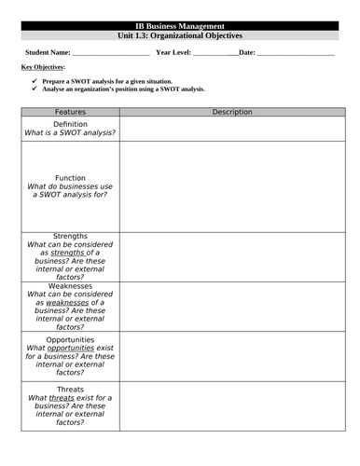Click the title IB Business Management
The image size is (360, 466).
point(180,25)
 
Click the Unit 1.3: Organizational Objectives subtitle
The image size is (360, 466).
point(180,34)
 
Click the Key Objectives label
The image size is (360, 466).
point(42,67)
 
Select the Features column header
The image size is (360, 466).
point(70,112)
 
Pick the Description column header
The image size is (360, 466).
point(232,112)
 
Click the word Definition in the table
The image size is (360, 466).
point(70,124)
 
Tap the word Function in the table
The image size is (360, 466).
point(70,177)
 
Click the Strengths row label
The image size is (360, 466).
point(70,236)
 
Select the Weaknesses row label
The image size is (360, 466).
point(70,286)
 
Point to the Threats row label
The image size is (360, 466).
point(70,389)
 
